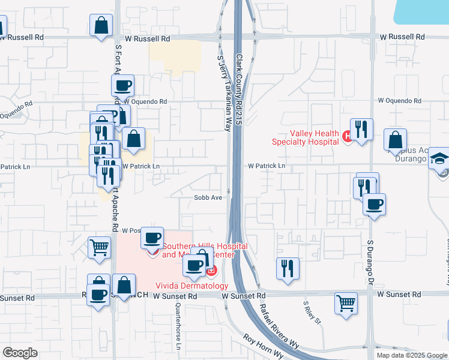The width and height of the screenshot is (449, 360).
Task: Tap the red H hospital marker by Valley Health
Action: (346, 137)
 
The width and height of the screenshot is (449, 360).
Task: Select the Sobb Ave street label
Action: (208, 197)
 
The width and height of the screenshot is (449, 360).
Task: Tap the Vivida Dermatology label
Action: (191, 286)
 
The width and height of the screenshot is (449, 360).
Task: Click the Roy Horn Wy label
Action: (263, 346)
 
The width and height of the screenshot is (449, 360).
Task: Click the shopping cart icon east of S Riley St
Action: (346, 303)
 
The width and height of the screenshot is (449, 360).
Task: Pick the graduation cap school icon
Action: (439, 158)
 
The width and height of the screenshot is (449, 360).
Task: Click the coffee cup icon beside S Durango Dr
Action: (374, 205)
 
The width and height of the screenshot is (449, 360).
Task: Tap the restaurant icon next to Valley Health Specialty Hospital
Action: (361, 129)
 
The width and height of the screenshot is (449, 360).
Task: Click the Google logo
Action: (20, 353)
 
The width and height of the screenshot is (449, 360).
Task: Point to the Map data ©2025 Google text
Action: (412, 355)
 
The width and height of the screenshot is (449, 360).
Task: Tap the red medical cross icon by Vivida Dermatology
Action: (211, 272)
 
